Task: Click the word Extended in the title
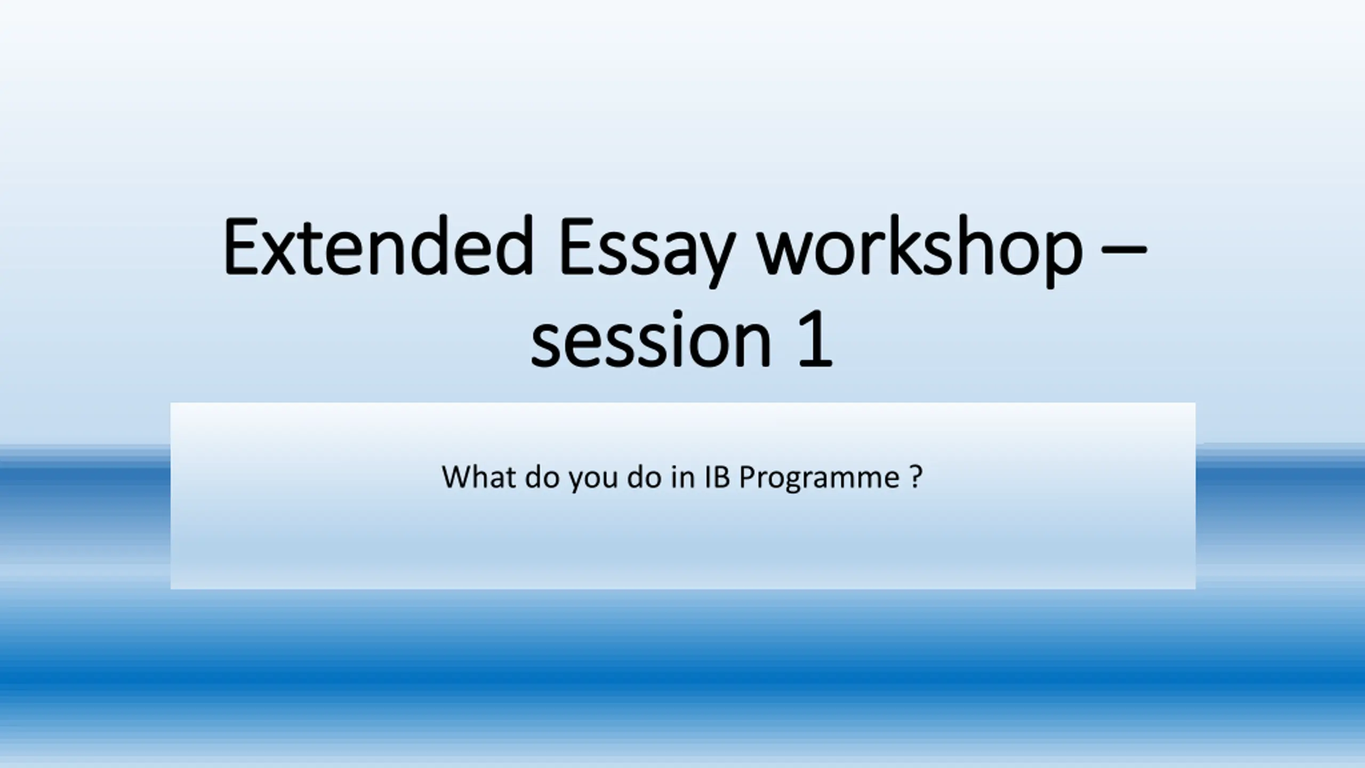(x=379, y=246)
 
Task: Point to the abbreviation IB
(x=717, y=477)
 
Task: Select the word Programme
(x=819, y=479)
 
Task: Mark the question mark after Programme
(x=916, y=477)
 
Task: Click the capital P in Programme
(x=749, y=477)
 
